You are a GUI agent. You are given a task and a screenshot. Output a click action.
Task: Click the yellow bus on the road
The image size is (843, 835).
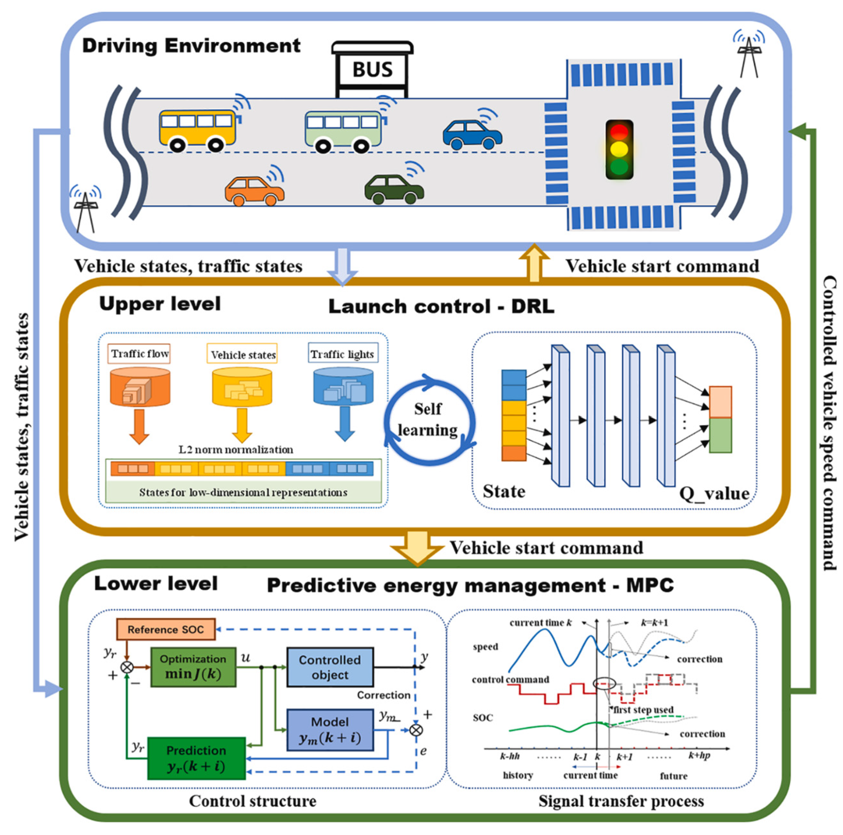point(198,130)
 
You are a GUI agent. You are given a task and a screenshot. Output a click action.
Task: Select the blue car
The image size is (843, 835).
point(472,135)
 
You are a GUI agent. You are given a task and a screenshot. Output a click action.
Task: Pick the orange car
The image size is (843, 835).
point(255,191)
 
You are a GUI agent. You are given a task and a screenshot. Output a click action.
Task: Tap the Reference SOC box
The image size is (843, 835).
point(166,629)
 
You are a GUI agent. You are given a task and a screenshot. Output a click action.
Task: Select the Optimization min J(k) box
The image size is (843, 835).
point(193,667)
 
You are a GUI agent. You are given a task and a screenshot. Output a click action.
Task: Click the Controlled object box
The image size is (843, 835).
point(330,667)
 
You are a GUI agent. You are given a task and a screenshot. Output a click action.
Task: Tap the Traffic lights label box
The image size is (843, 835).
point(343,353)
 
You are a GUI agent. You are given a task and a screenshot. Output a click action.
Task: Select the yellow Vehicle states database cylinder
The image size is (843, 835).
point(242,386)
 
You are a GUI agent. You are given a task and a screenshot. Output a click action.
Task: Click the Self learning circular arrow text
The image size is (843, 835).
point(428,419)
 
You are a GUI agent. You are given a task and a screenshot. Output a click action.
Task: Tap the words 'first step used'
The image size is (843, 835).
point(643,710)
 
